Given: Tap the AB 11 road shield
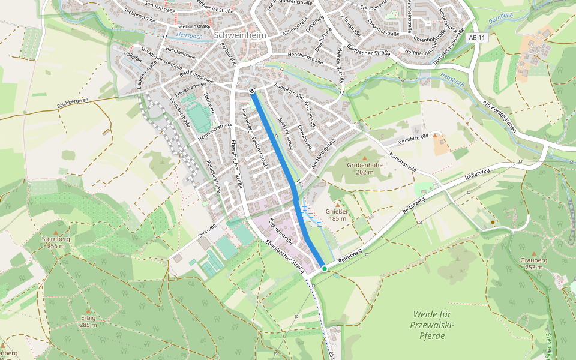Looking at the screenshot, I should [x=478, y=38].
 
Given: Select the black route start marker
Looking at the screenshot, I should [x=251, y=91].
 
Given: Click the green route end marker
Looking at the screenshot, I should [x=325, y=268].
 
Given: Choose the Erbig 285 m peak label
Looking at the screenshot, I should [x=88, y=321].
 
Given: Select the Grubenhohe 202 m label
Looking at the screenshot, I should [x=364, y=167].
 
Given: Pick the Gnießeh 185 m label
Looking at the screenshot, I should [x=337, y=215].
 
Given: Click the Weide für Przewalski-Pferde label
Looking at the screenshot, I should [x=431, y=325].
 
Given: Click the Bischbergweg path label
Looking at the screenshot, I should [x=72, y=104].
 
